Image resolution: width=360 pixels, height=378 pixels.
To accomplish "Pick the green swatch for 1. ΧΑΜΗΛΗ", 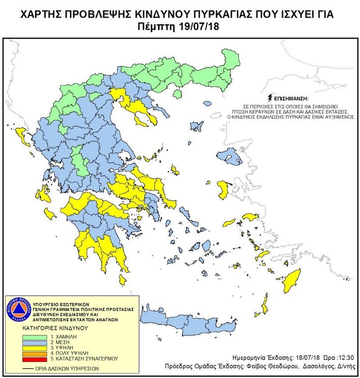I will (x=34, y=337).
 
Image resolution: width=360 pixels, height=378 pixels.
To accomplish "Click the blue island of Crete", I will (x=189, y=324).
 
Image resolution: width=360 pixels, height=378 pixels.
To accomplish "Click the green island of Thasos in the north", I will (x=177, y=94).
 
